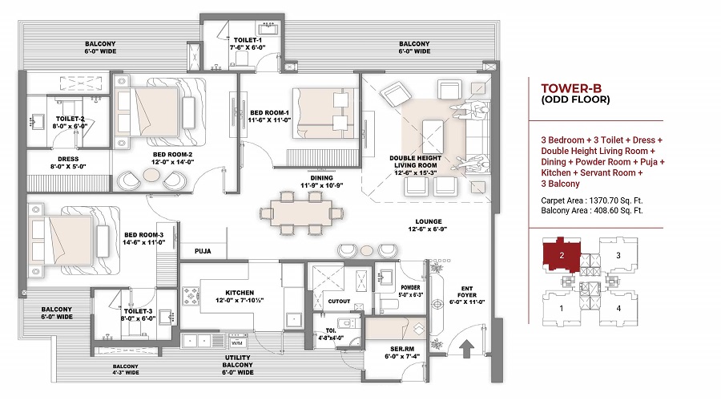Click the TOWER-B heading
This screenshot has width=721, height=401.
click(566, 87)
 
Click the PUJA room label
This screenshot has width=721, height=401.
click(203, 251)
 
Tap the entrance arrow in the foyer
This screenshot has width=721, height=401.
click(469, 348)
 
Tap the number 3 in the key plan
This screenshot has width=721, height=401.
click(617, 256)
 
